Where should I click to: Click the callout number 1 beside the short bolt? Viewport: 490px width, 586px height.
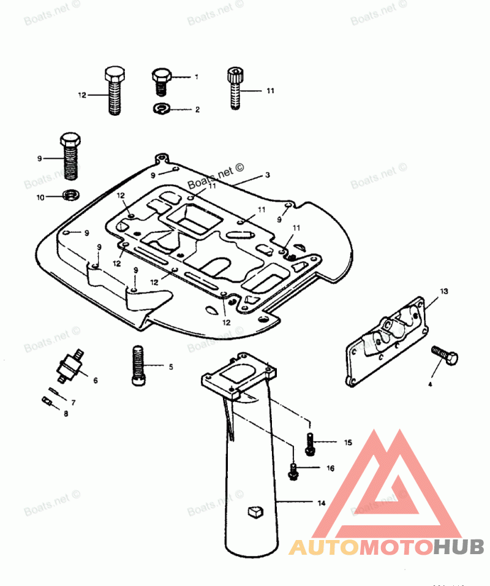[197, 77]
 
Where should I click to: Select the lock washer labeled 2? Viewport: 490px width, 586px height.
[162, 109]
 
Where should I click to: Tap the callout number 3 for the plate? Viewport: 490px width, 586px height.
[267, 175]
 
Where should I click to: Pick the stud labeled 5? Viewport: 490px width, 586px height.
[138, 366]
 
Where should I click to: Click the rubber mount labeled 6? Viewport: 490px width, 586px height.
[68, 367]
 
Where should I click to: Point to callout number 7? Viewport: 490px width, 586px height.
[73, 403]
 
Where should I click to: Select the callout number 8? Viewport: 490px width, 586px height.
[66, 414]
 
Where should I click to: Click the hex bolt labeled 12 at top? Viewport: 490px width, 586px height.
[113, 91]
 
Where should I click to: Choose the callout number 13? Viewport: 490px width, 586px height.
[444, 290]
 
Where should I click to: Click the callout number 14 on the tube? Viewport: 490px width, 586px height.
[321, 503]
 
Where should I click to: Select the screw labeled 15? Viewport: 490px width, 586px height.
[311, 443]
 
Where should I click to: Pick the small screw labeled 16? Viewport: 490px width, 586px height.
[294, 470]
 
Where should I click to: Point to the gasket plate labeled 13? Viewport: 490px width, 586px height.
[386, 340]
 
